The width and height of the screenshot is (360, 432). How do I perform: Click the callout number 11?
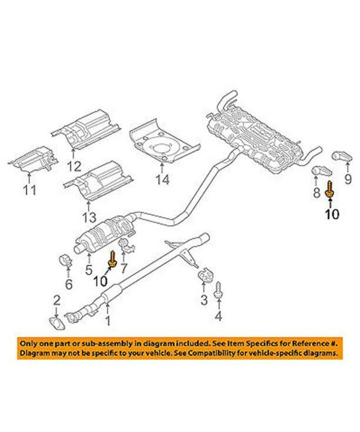(29, 190)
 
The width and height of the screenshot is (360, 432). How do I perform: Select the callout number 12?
(73, 168)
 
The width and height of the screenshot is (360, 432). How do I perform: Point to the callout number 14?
(162, 180)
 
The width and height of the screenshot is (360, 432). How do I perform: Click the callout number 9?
(347, 179)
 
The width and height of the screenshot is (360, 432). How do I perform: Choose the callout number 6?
(68, 285)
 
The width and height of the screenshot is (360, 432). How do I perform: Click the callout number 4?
(218, 316)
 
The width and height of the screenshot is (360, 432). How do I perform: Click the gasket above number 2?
(55, 320)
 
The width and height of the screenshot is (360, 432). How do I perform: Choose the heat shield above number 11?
(33, 160)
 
